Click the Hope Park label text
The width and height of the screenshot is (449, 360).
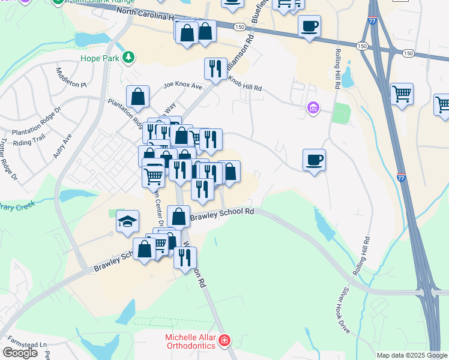[100, 58]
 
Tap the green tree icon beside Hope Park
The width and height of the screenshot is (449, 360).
[128, 58]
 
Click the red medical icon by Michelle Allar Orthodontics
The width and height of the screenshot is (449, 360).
[224, 341]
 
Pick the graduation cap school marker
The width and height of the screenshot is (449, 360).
[127, 221]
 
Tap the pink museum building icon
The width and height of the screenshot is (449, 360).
[313, 108]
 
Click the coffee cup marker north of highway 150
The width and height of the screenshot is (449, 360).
[309, 26]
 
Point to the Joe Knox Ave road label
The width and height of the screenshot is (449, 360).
[183, 86]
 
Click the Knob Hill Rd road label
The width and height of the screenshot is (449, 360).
[243, 85]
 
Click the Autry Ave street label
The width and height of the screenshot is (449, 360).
[62, 145]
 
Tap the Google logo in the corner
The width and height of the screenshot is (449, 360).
[20, 352]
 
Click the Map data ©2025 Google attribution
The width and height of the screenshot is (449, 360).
[412, 355]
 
